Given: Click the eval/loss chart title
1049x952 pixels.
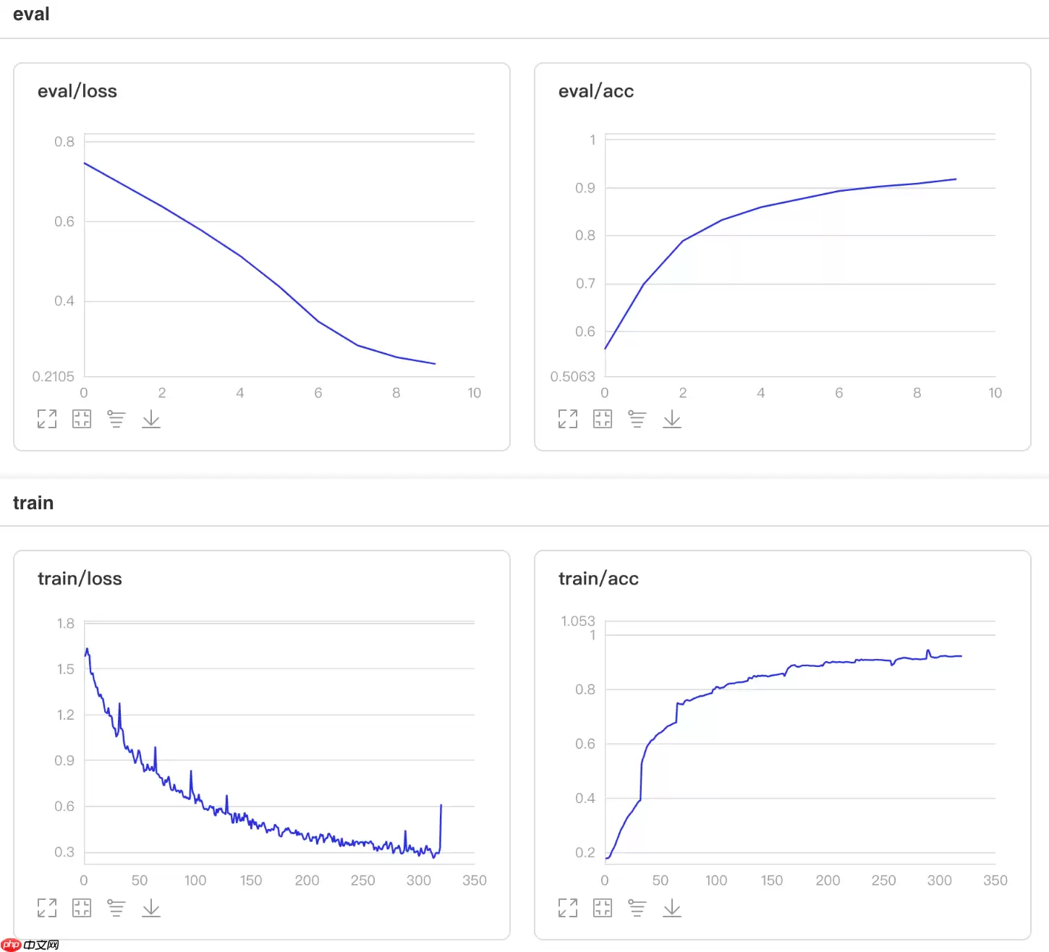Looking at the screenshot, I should pos(77,91).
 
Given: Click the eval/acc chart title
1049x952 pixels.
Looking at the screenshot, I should pos(596,91).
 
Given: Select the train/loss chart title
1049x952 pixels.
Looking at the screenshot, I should pos(80,579).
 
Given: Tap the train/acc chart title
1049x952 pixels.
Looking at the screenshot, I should pos(598,579).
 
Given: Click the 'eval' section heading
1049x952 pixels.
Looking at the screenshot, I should pos(31,14).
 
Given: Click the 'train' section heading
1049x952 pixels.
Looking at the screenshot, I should pos(33,503).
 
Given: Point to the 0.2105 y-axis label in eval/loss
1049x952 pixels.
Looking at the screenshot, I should pos(54,376).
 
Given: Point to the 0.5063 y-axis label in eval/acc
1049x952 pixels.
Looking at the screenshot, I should pos(572,376).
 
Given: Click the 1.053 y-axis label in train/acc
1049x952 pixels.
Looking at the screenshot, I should pos(577,621).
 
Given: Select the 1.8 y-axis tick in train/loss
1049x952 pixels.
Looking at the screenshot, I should pos(65,624).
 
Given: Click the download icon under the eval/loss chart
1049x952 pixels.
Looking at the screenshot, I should pos(151,419).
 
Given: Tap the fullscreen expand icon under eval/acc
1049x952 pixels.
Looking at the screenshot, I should pos(568,419).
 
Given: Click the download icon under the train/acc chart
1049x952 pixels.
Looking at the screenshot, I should pos(672,908).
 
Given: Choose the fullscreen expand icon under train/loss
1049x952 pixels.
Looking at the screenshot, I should pos(47,908).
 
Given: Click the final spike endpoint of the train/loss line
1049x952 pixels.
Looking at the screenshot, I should pos(441,804).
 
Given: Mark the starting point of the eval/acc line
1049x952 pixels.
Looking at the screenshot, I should pos(606,349).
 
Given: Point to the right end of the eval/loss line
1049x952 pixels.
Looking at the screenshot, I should pos(436,364).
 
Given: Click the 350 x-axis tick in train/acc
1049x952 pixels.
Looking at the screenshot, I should pos(995,880).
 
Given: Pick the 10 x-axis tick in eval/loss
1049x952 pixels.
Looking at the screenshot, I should pos(475,393).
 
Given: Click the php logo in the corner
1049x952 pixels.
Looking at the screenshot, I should pos(12,945).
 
